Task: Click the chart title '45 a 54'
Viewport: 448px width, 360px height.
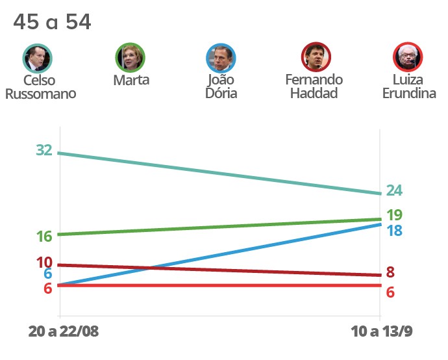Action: coord(52,22)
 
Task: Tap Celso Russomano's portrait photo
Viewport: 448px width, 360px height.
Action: coord(37,58)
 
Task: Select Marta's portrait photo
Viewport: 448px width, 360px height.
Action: coord(130,58)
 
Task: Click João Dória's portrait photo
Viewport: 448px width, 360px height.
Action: coord(221,58)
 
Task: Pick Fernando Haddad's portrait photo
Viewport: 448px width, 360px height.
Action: coord(316,58)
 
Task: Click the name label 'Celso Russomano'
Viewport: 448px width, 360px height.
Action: coord(40,86)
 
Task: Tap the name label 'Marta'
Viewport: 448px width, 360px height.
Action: coord(131,80)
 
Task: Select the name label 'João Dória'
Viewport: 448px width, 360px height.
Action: coord(221,86)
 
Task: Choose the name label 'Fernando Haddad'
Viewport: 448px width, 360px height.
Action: coord(314,86)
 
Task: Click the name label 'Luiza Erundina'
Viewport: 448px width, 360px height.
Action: coord(408,86)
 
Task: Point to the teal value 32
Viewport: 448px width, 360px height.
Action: coord(44,150)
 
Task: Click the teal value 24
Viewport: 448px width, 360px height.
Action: coord(394,191)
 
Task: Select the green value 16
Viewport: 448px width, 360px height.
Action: coord(44,237)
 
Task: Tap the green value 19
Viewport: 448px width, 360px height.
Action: coord(394,215)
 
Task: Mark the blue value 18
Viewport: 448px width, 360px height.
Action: coord(394,231)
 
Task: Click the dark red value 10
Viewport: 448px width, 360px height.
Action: coord(44,263)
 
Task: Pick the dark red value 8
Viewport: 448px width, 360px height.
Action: coord(390,272)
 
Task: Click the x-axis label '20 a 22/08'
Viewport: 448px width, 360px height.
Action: coord(64,331)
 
